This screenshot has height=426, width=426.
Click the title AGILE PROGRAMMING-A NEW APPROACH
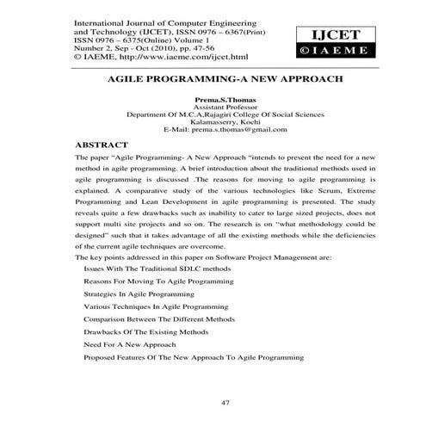[213, 77]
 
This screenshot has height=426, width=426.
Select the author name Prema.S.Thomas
[213, 100]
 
